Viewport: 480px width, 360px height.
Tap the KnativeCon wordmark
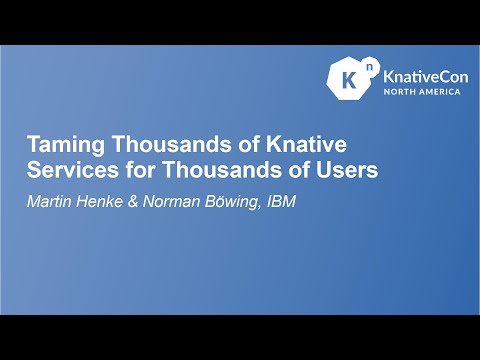click(421, 75)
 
